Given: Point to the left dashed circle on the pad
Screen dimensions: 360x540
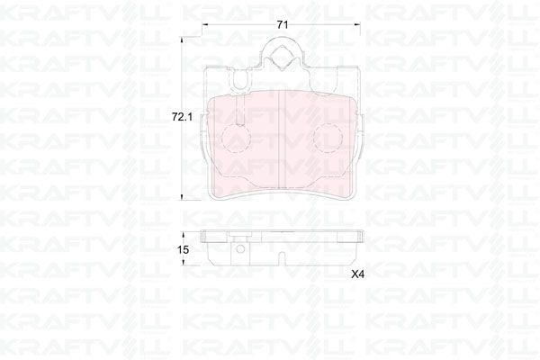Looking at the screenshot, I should [x=237, y=138].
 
